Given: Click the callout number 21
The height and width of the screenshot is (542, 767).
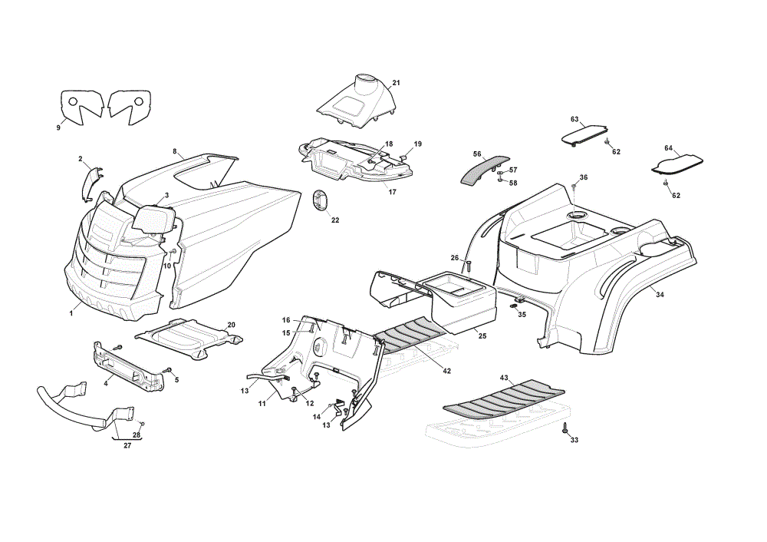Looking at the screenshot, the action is pyautogui.click(x=397, y=83).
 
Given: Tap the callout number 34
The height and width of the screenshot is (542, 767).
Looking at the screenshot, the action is pyautogui.click(x=660, y=295).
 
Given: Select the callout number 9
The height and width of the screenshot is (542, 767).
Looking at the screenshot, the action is pyautogui.click(x=59, y=127).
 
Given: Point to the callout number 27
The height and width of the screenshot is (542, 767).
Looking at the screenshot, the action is pyautogui.click(x=127, y=445).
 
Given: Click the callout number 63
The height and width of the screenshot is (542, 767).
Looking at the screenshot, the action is pyautogui.click(x=574, y=120).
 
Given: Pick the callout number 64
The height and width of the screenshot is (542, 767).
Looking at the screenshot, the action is pyautogui.click(x=669, y=148).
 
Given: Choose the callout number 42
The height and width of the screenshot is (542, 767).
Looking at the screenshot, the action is pyautogui.click(x=446, y=371).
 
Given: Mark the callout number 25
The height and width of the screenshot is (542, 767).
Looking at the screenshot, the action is pyautogui.click(x=482, y=336).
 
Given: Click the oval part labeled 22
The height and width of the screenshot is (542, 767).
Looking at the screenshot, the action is pyautogui.click(x=320, y=201).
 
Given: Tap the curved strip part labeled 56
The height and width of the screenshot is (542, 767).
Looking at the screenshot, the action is pyautogui.click(x=483, y=168).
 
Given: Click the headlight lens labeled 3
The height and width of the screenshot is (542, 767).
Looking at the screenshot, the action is pyautogui.click(x=153, y=220).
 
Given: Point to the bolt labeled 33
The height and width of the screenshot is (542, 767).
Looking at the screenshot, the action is pyautogui.click(x=565, y=428).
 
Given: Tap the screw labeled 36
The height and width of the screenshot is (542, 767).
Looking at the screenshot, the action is pyautogui.click(x=574, y=187).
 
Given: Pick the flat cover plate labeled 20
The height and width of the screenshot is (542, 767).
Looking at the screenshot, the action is pyautogui.click(x=189, y=337).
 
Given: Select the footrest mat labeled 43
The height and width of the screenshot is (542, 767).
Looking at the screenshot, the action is pyautogui.click(x=504, y=396).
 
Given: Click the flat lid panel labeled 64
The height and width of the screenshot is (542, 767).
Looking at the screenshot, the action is pyautogui.click(x=677, y=164).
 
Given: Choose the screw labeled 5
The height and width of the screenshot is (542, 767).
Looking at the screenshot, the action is pyautogui.click(x=169, y=370).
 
